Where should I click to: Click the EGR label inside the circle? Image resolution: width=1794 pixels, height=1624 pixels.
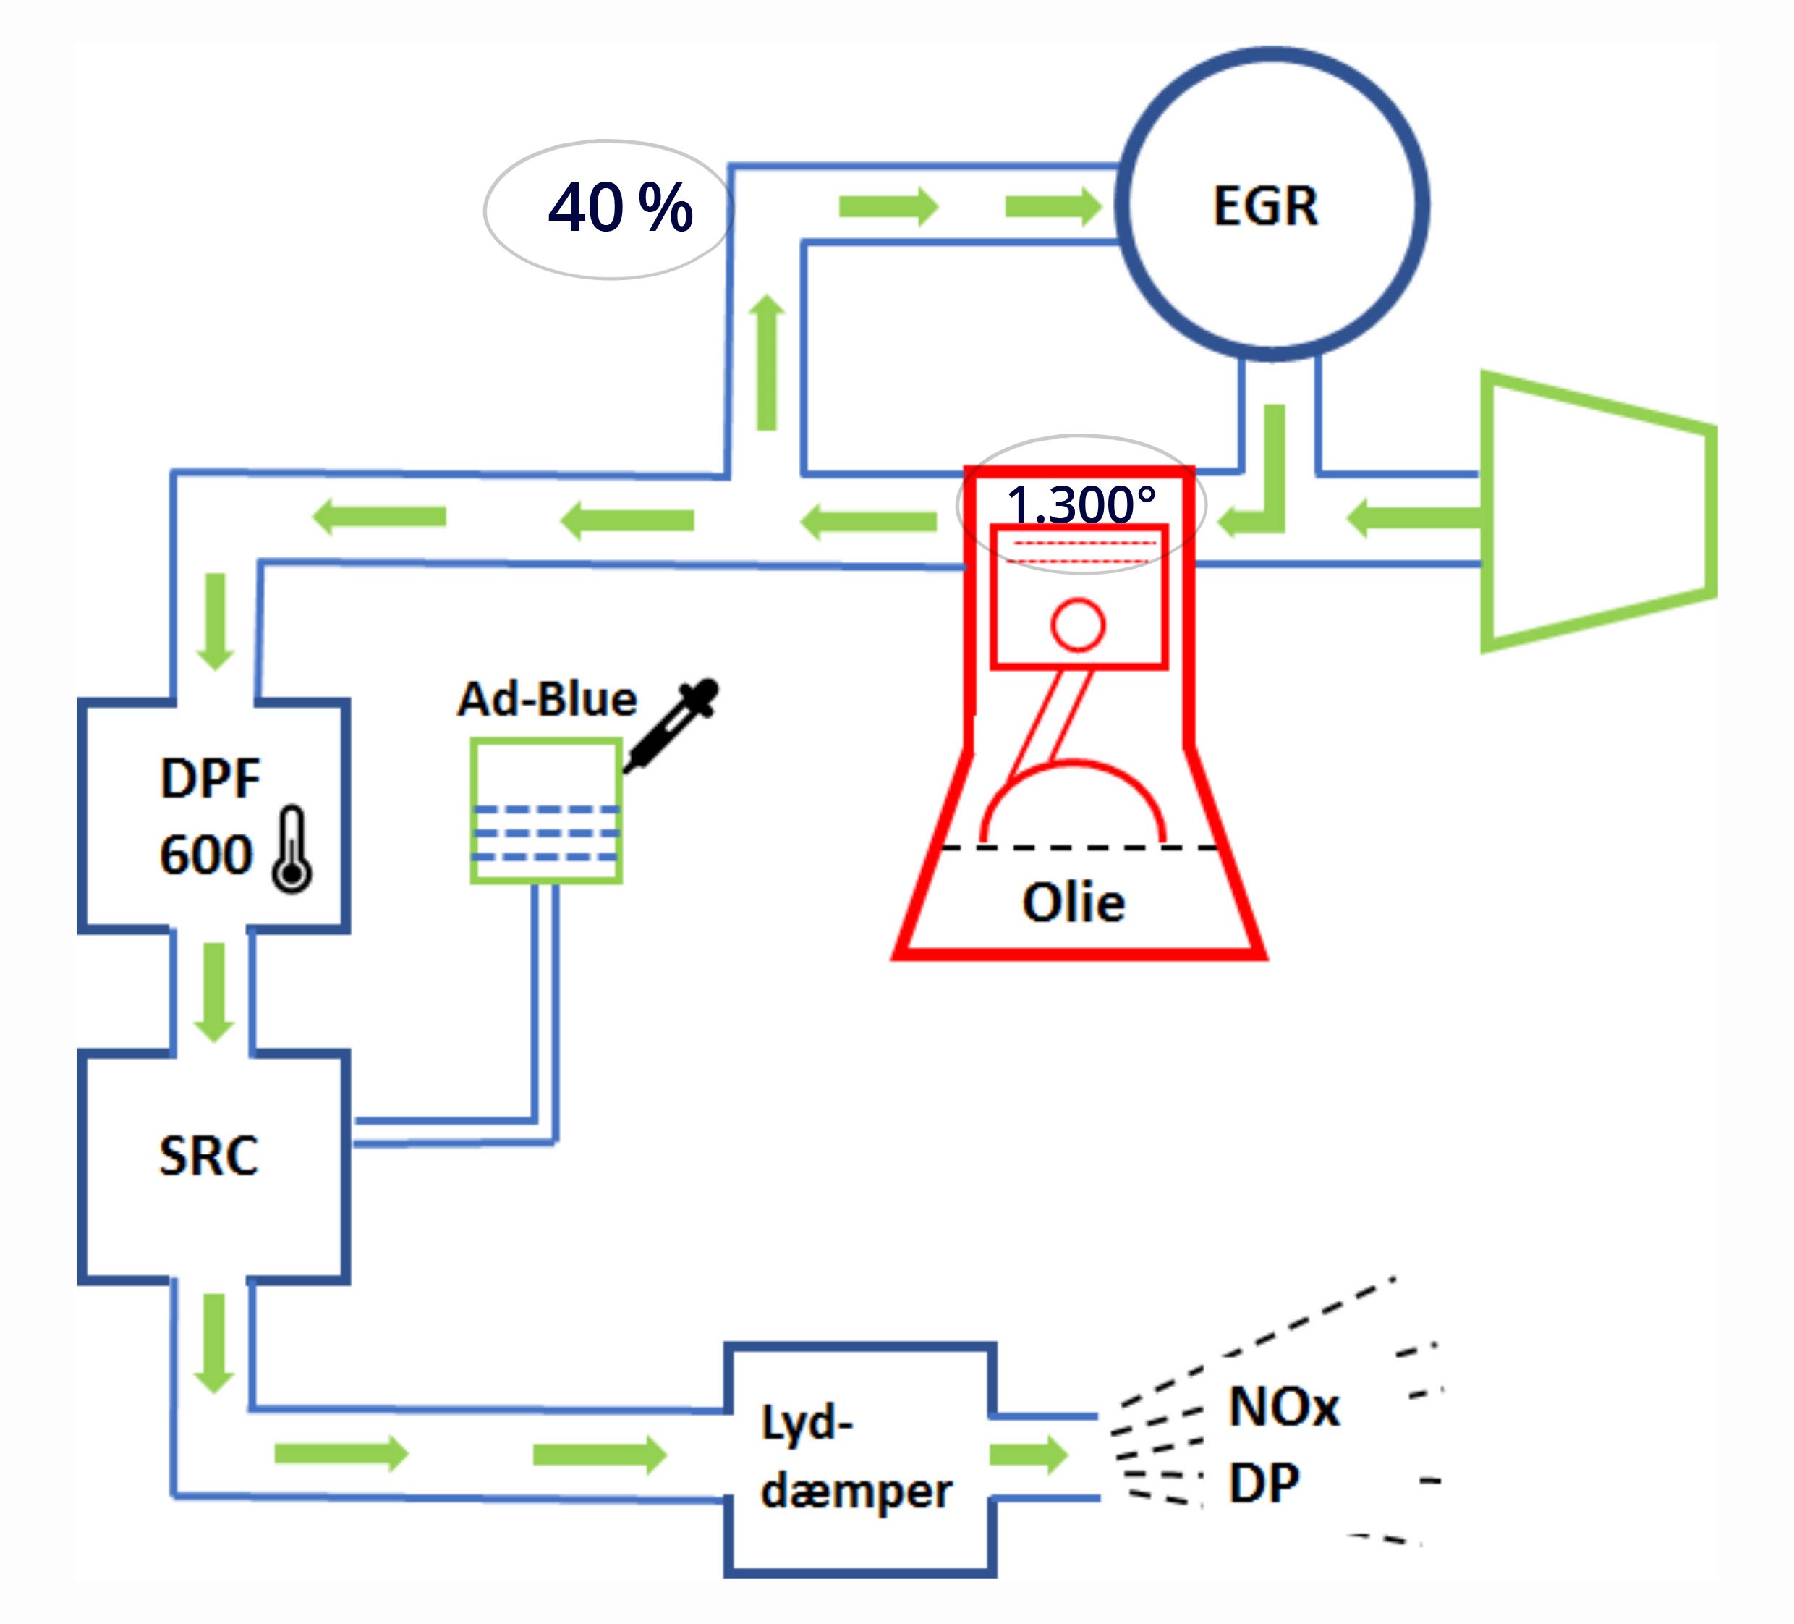click(1264, 206)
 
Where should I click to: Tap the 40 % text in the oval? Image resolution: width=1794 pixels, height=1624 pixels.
click(620, 208)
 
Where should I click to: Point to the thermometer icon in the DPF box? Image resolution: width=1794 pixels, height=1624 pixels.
click(292, 850)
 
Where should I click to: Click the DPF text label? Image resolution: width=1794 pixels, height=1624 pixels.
click(210, 778)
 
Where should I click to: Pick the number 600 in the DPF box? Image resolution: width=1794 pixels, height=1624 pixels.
click(206, 855)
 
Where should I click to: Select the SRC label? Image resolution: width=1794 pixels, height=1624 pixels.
click(208, 1156)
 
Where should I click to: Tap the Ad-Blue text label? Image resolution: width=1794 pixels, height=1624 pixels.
click(546, 699)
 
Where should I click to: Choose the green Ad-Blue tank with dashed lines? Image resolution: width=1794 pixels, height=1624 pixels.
click(545, 811)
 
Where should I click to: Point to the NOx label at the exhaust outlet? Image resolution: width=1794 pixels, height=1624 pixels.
click(1283, 1408)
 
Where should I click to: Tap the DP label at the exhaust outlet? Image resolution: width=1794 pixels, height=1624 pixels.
click(1264, 1484)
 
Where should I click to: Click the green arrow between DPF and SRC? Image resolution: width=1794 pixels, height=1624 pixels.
click(213, 991)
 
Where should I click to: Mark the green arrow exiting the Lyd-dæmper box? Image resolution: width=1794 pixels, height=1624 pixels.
click(1028, 1455)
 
